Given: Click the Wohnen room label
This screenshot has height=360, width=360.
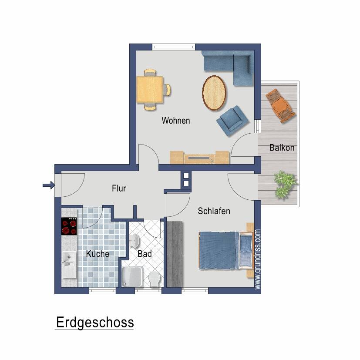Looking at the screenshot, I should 176,121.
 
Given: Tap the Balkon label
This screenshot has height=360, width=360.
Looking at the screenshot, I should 282,148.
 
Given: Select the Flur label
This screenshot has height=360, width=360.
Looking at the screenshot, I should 119,188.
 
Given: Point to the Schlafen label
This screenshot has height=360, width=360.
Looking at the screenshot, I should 214,211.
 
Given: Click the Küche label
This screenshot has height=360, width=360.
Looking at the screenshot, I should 98,254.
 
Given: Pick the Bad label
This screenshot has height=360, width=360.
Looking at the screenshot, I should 144,253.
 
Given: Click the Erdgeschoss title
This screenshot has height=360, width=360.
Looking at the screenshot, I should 94,323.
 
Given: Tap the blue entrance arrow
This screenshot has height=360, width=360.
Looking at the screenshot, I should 48,186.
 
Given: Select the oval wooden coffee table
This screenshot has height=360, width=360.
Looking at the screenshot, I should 214,93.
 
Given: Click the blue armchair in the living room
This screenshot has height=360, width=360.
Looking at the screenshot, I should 232,120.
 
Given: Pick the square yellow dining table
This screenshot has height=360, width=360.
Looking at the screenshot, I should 150,89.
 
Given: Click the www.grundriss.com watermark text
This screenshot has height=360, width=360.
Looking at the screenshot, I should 258,259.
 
